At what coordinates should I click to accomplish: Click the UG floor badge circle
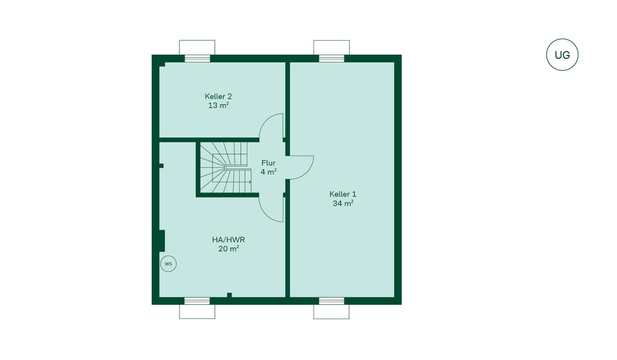[x=562, y=39]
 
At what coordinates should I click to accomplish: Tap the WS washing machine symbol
[x=168, y=264]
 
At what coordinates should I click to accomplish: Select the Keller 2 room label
[x=218, y=96]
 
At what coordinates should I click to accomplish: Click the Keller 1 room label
[x=342, y=194]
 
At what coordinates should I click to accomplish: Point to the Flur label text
[x=268, y=163]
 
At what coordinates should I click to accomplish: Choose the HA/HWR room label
[x=228, y=240]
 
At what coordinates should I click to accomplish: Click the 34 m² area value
[x=343, y=203]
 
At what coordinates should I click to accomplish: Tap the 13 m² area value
[x=219, y=105]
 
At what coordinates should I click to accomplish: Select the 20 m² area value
[x=228, y=249]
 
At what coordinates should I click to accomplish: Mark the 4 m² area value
[x=268, y=172]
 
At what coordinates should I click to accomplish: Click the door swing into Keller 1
[x=307, y=172]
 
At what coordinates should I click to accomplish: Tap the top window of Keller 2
[x=197, y=59]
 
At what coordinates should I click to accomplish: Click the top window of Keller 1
[x=332, y=59]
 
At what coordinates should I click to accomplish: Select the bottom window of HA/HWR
[x=197, y=301]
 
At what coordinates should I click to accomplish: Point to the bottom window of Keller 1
[x=332, y=301]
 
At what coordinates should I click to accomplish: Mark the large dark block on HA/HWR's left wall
[x=162, y=241]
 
